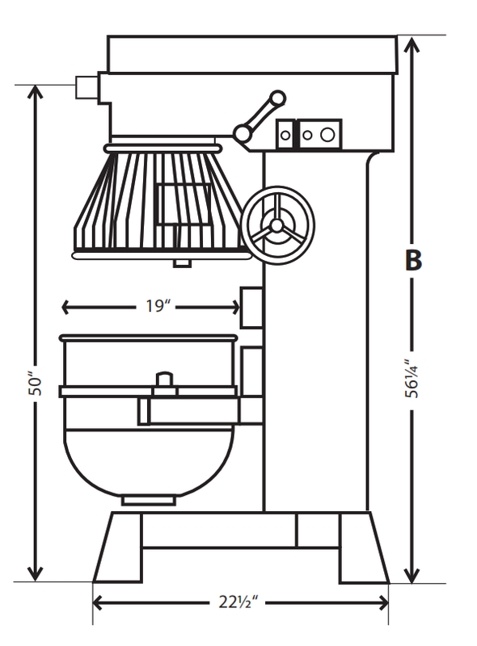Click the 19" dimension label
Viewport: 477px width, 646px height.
[x=158, y=306]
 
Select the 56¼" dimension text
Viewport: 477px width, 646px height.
[x=413, y=379]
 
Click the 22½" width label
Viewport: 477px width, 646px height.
[x=241, y=602]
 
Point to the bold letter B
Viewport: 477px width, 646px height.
[x=413, y=261]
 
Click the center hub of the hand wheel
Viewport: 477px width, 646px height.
[x=276, y=224]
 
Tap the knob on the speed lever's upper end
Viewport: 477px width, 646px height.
[x=277, y=99]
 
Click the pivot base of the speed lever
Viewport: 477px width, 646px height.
[x=242, y=133]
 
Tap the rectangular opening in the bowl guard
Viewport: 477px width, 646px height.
[x=183, y=203]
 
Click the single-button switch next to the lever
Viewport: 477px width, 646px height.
[x=285, y=134]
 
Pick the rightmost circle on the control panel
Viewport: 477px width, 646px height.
[x=327, y=134]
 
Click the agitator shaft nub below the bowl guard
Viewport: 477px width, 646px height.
[x=181, y=262]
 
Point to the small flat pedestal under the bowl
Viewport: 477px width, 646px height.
[x=148, y=501]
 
